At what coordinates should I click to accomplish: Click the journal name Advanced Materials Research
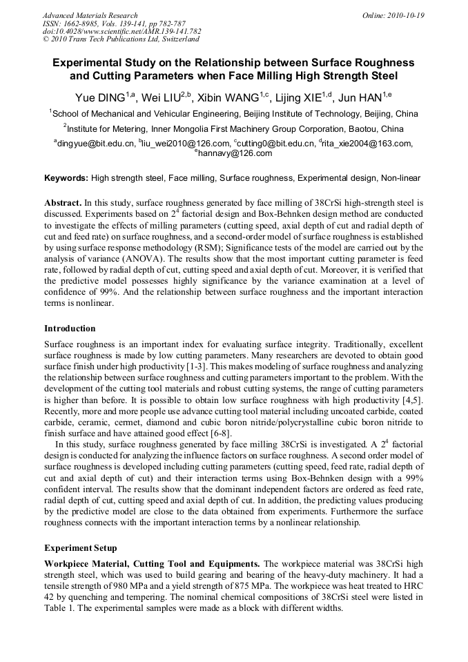point(90,15)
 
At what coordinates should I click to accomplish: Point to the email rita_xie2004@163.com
point(367,144)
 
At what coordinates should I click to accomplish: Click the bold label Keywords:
point(66,178)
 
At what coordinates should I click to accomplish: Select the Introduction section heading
point(70,329)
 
